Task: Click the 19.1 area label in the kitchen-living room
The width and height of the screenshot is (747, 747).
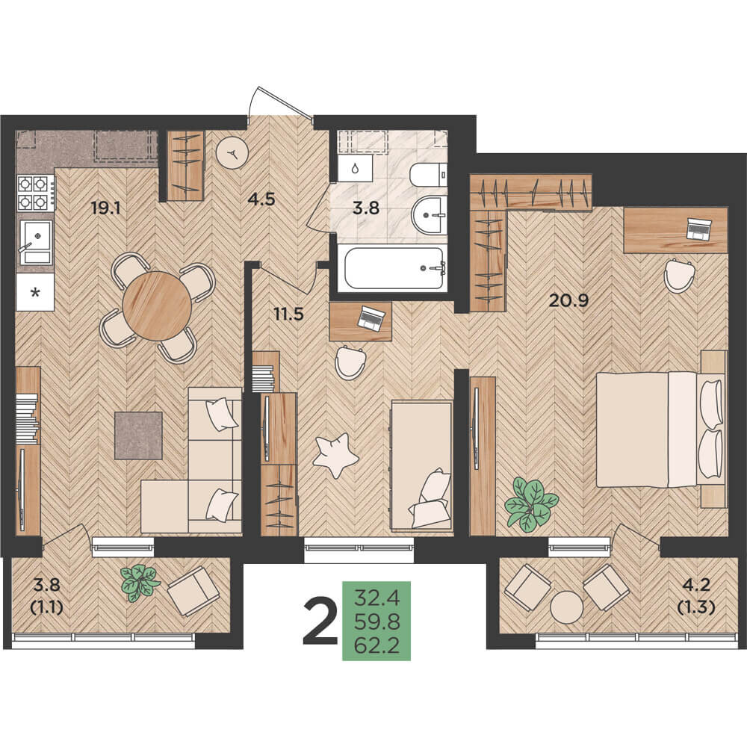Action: (106, 208)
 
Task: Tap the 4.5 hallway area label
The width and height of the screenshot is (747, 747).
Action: (261, 199)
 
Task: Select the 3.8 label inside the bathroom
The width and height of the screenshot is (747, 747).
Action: (366, 208)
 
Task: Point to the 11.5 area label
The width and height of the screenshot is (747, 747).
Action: (288, 314)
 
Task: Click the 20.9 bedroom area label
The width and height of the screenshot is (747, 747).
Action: (568, 300)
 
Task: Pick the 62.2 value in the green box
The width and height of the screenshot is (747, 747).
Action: (376, 645)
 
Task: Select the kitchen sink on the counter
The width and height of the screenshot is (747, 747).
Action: (35, 243)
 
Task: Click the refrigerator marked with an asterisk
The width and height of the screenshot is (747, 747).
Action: (35, 292)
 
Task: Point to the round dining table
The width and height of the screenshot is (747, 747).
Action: (157, 306)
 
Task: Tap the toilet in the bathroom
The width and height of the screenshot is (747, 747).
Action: (428, 176)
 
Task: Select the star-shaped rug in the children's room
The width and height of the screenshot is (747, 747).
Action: (335, 455)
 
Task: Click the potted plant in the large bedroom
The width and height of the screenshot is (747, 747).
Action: (531, 506)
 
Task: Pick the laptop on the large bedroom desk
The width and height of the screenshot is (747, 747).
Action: (698, 228)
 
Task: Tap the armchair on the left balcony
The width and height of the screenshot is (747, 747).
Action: (193, 591)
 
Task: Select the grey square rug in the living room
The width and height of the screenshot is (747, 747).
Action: (138, 436)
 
